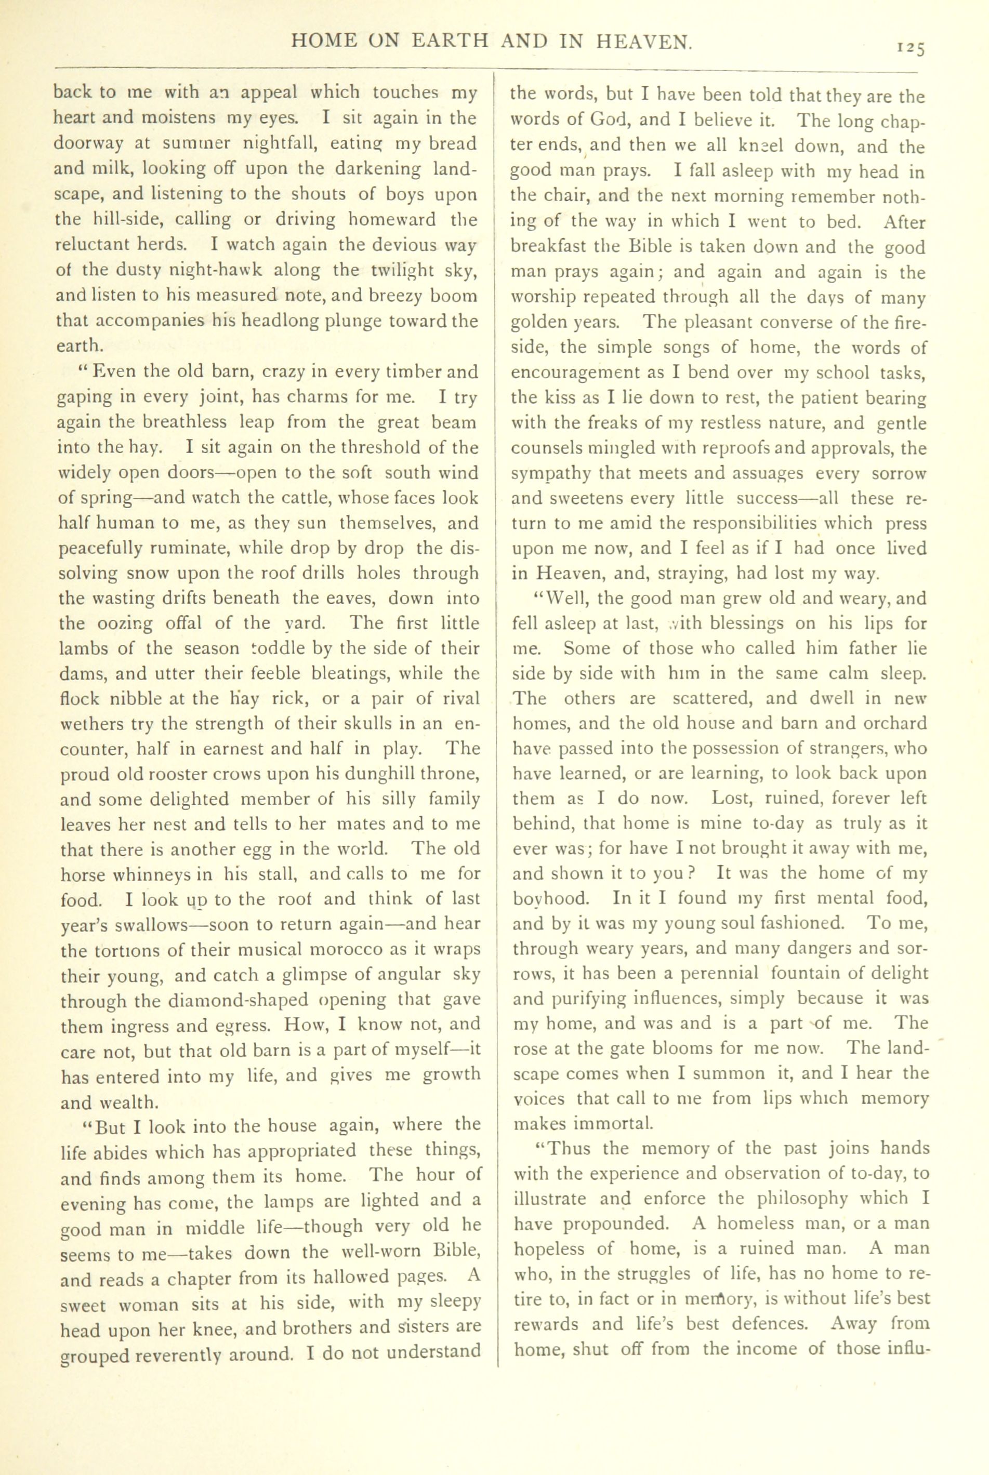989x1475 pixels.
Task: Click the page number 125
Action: point(908,48)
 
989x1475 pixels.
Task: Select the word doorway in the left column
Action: point(92,144)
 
